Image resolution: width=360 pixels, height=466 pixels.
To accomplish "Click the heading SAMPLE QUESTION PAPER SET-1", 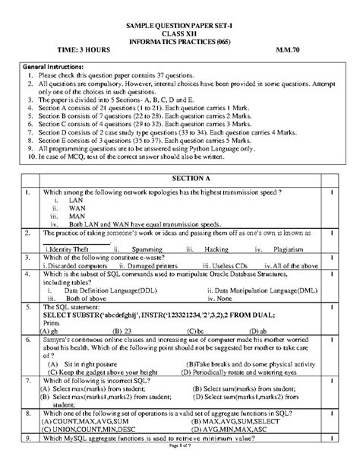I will click(x=181, y=26).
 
